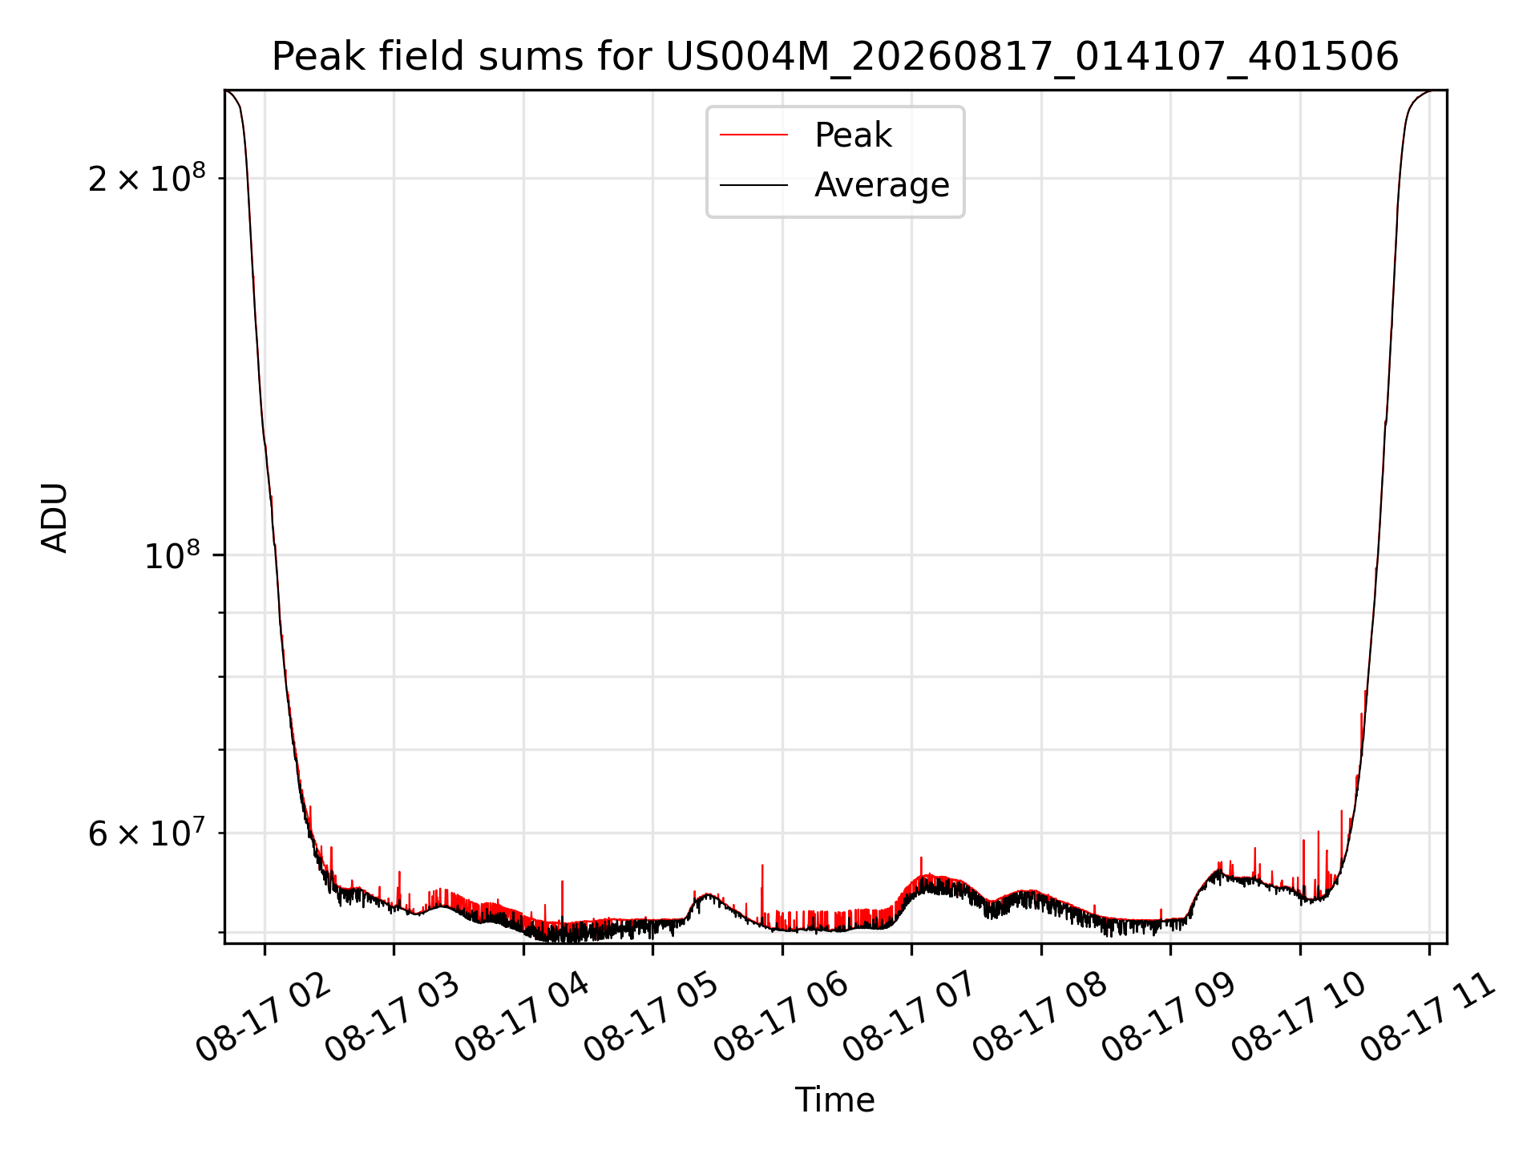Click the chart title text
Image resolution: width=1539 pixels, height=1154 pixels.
click(835, 57)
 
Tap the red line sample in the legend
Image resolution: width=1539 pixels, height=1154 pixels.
click(753, 135)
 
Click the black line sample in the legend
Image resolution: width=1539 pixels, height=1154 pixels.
click(753, 185)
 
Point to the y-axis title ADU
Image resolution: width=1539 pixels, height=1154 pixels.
click(55, 518)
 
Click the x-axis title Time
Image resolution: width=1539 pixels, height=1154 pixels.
click(835, 1100)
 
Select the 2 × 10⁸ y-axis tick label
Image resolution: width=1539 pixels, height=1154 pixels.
click(147, 177)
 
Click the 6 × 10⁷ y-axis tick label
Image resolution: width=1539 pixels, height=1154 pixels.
click(147, 833)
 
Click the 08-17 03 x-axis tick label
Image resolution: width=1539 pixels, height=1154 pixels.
click(393, 1017)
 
